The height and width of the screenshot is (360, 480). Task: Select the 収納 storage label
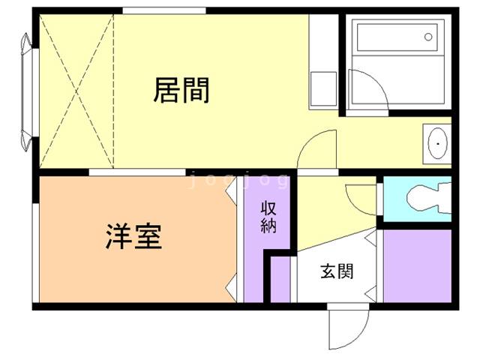[268, 217]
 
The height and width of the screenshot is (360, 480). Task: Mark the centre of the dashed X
[74, 91]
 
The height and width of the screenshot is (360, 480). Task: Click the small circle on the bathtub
[428, 35]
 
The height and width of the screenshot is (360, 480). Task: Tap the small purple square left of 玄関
[279, 280]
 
